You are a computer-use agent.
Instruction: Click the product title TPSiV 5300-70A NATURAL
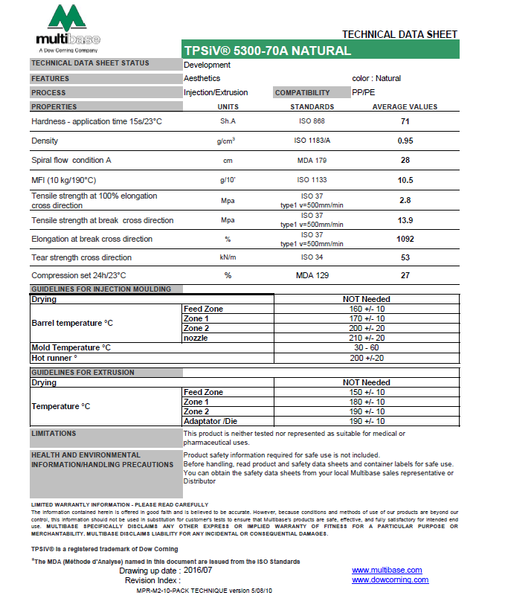[267, 51]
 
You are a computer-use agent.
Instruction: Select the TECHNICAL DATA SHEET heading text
[399, 34]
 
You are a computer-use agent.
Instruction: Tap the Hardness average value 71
[405, 121]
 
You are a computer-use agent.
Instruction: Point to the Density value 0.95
[405, 141]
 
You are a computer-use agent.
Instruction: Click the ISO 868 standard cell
[312, 121]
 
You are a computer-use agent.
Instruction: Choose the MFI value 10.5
[405, 180]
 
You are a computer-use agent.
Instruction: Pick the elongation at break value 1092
[405, 239]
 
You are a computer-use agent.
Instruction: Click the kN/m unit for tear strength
[228, 257]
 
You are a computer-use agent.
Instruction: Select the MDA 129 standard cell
[312, 275]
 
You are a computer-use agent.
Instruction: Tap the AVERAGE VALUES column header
[405, 107]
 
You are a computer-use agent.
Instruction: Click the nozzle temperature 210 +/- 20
[367, 338]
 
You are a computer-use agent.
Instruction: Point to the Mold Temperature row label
[71, 347]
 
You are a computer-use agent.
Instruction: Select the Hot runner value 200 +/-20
[367, 358]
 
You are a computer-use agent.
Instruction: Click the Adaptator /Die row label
[212, 421]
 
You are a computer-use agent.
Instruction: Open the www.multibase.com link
[387, 571]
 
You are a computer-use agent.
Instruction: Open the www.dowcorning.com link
[390, 579]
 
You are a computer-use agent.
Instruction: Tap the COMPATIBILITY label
[302, 93]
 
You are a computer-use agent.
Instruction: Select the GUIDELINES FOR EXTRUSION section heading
[83, 372]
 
